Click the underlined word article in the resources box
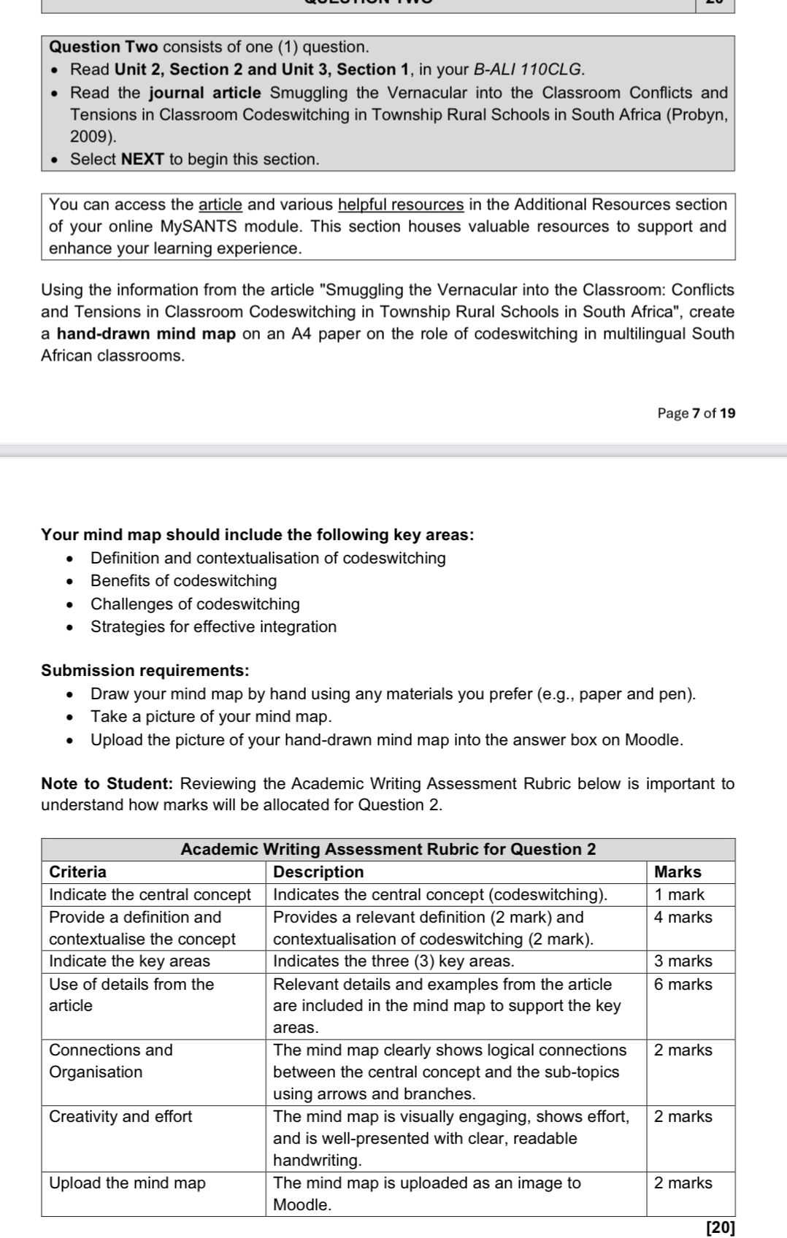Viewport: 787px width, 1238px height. point(220,204)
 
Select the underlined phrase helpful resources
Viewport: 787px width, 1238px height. point(401,204)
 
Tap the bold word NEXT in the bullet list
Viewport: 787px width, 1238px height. point(142,159)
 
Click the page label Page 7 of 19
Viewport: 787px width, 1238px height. point(696,413)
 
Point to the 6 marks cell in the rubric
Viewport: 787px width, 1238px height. point(683,984)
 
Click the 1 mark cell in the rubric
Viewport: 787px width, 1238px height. point(679,894)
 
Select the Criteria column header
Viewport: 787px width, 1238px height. point(77,872)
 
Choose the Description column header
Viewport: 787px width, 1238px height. point(318,872)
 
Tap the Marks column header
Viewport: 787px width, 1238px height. point(677,872)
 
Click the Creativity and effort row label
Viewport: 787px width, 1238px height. point(120,1116)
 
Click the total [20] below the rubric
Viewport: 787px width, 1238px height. point(721,1227)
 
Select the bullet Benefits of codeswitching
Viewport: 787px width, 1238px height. point(183,581)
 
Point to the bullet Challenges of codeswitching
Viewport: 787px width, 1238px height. point(195,604)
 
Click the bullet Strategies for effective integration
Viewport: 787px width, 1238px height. point(213,626)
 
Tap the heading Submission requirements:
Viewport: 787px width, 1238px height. point(145,670)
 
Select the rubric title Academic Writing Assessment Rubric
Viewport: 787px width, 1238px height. point(388,849)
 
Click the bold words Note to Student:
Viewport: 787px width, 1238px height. point(107,783)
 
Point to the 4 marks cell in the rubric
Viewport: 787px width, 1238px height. point(683,917)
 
